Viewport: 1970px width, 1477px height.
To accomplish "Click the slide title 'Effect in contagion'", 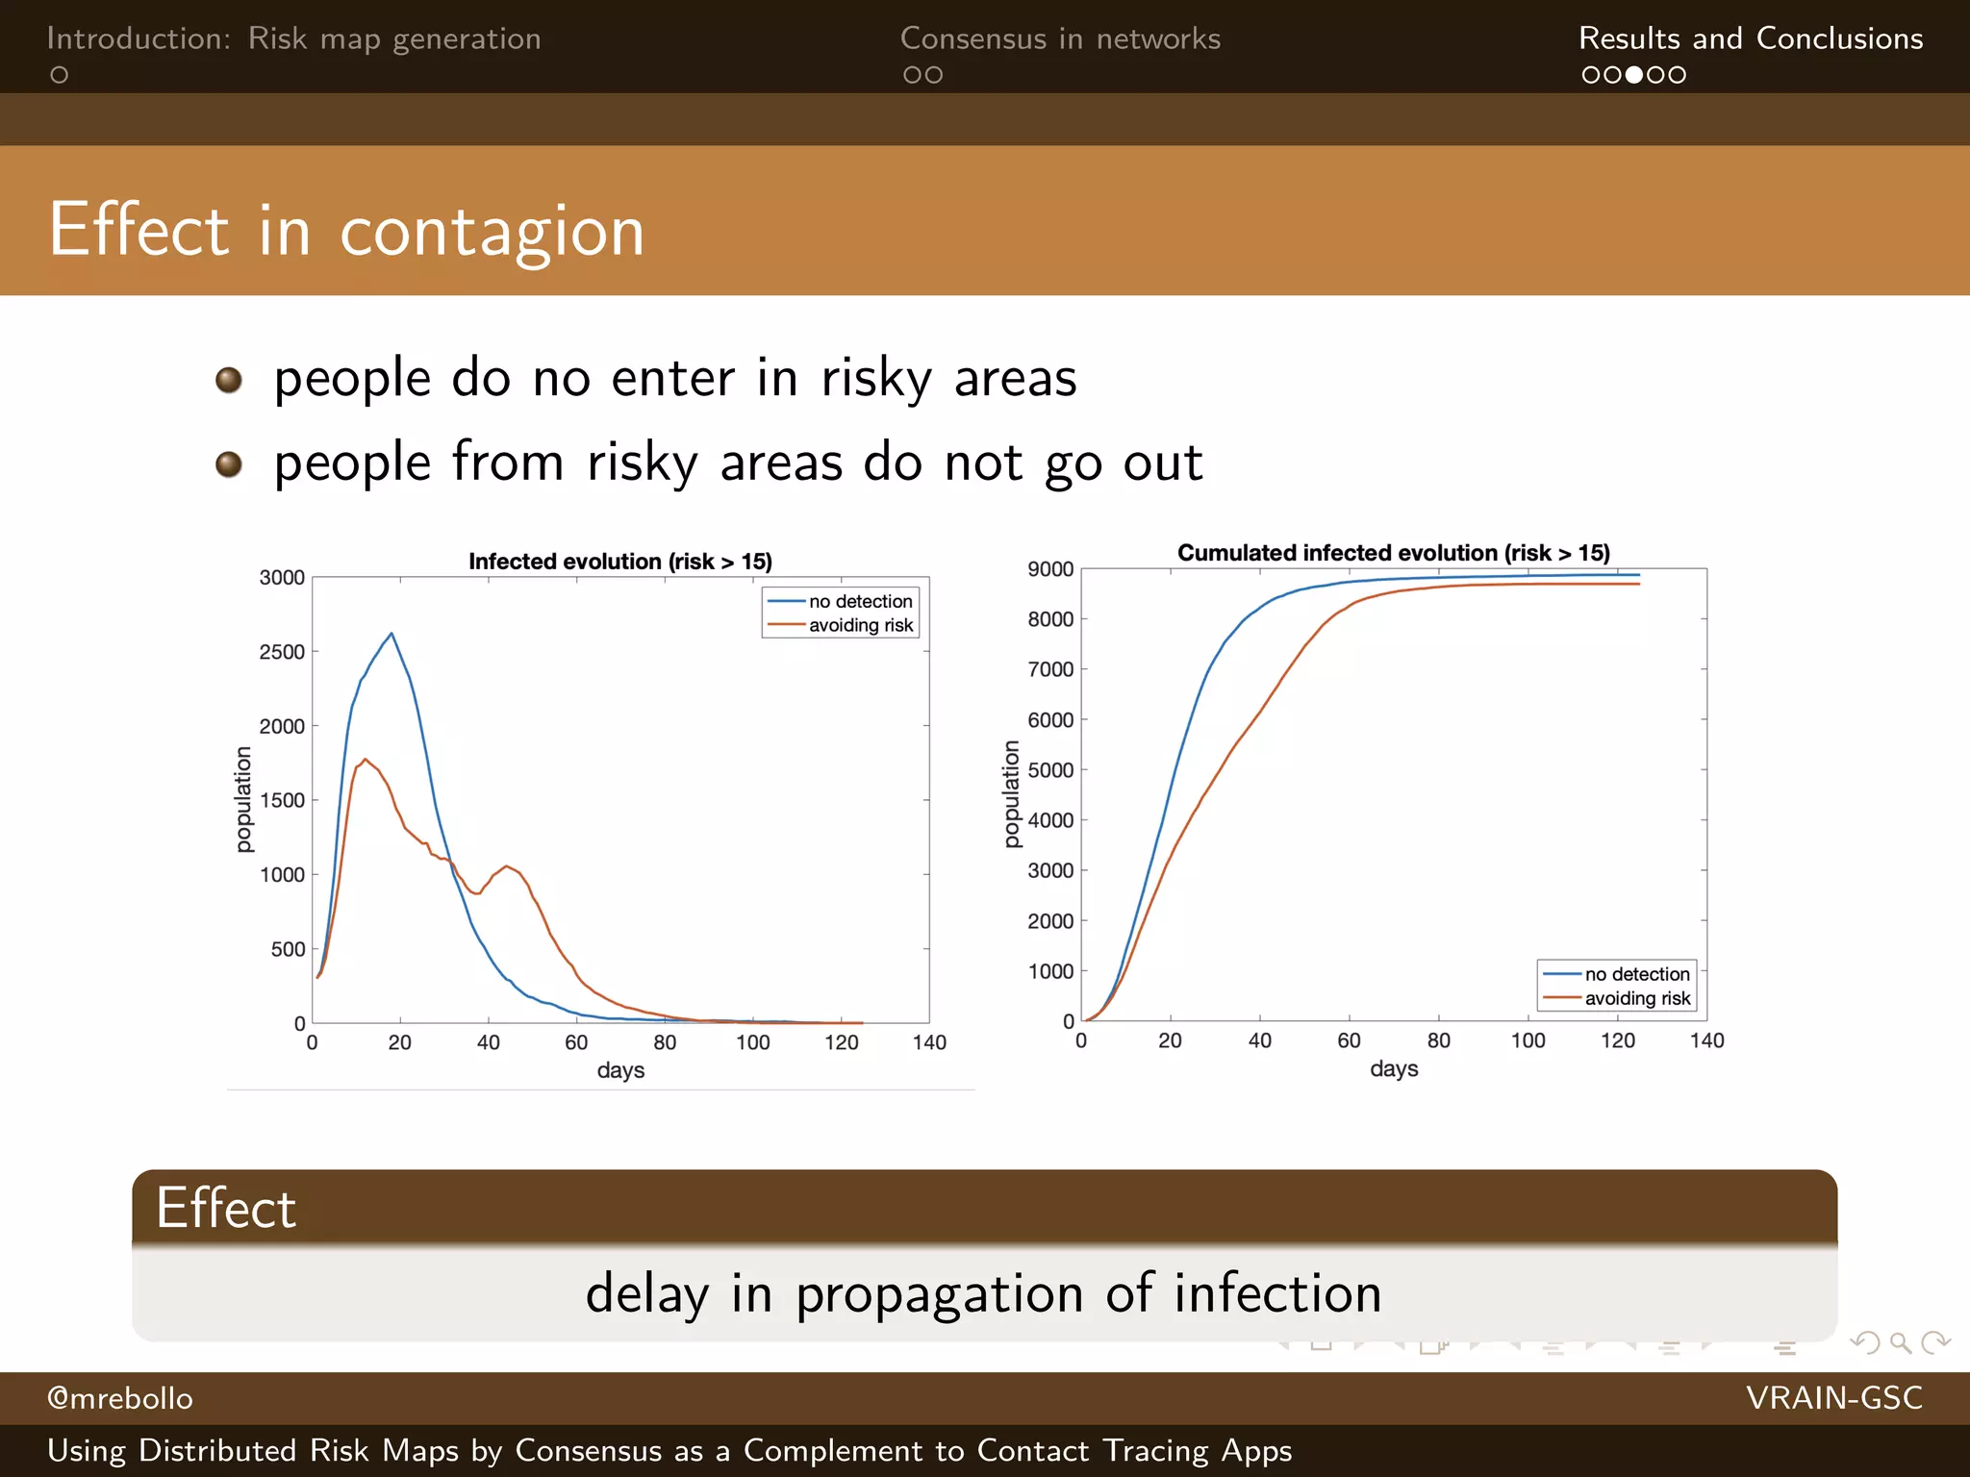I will click(x=346, y=231).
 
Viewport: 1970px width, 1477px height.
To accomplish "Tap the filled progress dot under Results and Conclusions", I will click(x=1633, y=75).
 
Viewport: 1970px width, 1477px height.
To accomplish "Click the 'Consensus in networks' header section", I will click(x=1060, y=38).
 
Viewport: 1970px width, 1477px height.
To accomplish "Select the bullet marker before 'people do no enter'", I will click(x=228, y=380).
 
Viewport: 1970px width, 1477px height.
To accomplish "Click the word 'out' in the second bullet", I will click(x=1162, y=463).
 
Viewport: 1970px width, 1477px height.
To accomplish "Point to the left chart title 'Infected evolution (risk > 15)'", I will click(x=620, y=562).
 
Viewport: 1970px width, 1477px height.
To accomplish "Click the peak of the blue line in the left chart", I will click(x=391, y=634).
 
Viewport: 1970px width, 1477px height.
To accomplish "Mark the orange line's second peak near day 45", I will click(x=507, y=866).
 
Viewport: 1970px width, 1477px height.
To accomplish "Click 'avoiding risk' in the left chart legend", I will click(x=860, y=626).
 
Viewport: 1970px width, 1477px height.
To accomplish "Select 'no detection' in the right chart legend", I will click(x=1636, y=974).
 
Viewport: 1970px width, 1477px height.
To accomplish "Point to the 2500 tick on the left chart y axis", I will click(x=282, y=652).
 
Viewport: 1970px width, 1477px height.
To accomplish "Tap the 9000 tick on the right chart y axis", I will click(x=1050, y=569).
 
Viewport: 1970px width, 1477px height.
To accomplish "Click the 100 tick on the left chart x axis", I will click(x=753, y=1043).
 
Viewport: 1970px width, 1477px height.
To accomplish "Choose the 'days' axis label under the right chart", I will click(x=1394, y=1069).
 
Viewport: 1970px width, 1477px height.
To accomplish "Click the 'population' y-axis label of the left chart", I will click(x=243, y=800).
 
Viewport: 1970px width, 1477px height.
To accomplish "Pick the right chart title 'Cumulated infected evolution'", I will click(x=1393, y=553).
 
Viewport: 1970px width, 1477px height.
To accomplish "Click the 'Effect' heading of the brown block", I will click(x=226, y=1208).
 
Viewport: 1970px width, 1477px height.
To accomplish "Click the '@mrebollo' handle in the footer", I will click(x=120, y=1398).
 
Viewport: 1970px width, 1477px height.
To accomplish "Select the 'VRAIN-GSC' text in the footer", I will click(x=1833, y=1398).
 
